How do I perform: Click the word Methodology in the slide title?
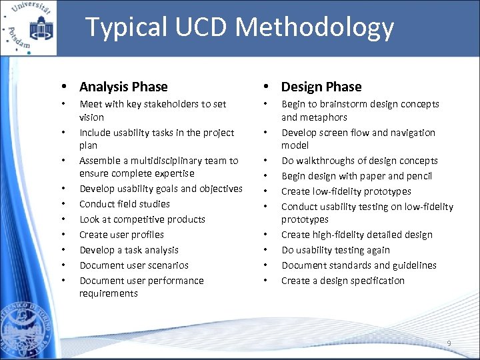tap(315, 28)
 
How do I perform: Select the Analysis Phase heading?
tap(123, 87)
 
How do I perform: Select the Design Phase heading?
tap(321, 87)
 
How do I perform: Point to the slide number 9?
tap(449, 343)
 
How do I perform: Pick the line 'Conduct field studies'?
tap(125, 204)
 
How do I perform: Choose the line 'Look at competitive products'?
tap(142, 219)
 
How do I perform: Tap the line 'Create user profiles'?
tap(121, 235)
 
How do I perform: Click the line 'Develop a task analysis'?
tap(129, 250)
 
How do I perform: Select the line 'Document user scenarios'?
tap(134, 265)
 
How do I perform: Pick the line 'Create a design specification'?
tap(343, 281)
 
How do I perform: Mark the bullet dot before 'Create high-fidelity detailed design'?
tap(266, 235)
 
